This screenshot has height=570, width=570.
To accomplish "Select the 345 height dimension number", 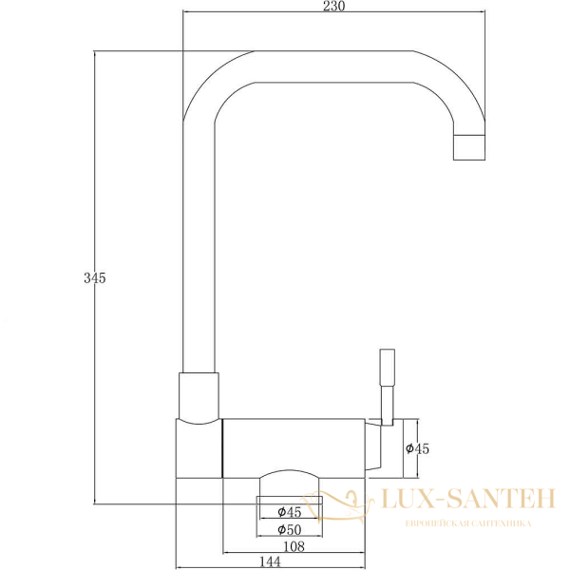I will (x=94, y=278).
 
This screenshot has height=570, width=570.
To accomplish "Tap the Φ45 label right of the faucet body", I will (x=418, y=449).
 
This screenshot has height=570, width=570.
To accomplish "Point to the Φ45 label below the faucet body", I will (x=289, y=512).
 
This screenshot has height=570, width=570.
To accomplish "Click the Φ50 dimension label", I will (x=289, y=529).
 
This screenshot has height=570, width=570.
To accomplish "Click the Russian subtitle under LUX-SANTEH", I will (x=467, y=523).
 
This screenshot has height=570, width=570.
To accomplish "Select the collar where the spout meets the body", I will (x=199, y=394).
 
